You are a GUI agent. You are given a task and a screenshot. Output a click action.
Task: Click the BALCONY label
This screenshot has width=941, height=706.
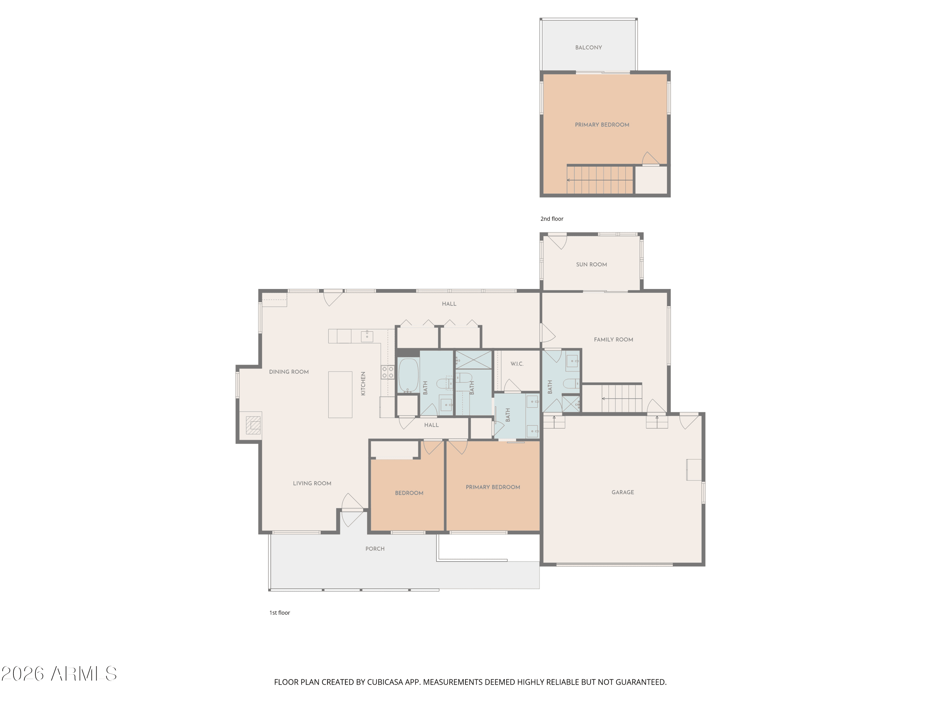point(588,48)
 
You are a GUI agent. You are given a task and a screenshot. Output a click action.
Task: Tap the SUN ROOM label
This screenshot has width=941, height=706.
point(591,264)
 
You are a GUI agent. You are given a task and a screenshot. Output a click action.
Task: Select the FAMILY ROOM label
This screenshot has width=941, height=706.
point(614,340)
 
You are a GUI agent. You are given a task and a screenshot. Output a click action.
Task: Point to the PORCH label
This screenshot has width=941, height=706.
point(375,548)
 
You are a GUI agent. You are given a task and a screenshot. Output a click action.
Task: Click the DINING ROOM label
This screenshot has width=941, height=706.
point(289,372)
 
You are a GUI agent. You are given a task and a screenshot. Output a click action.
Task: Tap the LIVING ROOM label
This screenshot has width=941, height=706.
point(312,484)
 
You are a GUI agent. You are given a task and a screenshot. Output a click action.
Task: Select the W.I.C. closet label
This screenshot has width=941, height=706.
point(517,364)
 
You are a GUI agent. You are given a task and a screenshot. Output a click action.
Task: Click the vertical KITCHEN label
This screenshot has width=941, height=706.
point(363,383)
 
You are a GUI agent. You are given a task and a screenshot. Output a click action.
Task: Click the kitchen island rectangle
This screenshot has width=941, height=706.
point(340,394)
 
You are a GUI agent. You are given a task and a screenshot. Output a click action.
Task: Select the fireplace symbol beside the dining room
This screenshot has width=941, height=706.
point(253,425)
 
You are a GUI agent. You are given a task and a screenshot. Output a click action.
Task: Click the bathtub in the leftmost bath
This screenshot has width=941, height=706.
point(408,375)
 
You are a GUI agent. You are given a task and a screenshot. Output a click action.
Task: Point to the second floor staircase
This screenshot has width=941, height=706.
point(600,180)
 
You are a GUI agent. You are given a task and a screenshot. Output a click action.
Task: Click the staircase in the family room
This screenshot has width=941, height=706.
point(621,398)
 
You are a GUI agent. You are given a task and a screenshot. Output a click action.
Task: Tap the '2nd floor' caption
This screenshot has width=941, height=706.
point(552,219)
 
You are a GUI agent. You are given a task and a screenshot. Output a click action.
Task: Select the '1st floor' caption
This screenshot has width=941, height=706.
point(279,613)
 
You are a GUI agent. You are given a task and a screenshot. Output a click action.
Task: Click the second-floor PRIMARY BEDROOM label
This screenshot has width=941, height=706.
point(602,125)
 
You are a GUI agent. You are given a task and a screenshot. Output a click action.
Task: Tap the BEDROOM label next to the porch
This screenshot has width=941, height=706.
point(409,493)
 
